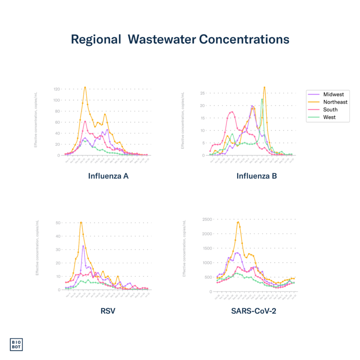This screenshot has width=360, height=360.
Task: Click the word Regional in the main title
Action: (96, 39)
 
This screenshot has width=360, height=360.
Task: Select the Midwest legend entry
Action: (333, 95)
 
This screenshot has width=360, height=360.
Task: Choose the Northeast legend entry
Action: (335, 102)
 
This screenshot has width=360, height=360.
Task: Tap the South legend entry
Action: (330, 110)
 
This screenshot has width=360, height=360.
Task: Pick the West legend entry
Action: (329, 117)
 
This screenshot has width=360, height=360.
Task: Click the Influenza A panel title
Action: (108, 177)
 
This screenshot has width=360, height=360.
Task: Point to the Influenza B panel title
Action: (256, 177)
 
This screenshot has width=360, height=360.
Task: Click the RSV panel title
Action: (108, 310)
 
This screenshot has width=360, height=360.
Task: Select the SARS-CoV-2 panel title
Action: (253, 310)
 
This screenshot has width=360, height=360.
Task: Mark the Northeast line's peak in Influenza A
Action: (85, 87)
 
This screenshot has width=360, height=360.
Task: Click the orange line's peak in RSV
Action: (81, 222)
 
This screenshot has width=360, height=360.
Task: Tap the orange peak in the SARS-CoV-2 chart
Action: (238, 221)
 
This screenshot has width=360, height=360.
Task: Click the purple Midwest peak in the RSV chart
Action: (83, 246)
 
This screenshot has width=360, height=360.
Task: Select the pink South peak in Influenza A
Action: (85, 121)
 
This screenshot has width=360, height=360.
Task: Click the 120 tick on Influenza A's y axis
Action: (57, 89)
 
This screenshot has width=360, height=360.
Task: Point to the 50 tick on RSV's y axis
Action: (58, 223)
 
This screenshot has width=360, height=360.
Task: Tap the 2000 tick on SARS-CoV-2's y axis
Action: (207, 233)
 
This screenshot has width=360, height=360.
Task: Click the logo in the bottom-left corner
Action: (16, 345)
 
